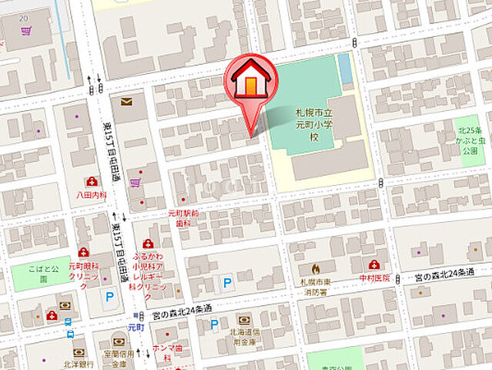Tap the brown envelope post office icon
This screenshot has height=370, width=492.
point(126,101)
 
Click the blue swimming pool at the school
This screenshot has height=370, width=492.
point(344,69)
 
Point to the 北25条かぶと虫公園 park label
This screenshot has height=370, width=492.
point(470,136)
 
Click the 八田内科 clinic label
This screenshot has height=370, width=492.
point(91,196)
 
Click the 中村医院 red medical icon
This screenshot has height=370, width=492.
point(373,264)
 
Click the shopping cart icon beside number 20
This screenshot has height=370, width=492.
point(27,32)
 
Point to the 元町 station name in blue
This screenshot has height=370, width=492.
point(136,326)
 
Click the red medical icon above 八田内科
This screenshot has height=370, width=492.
point(92,182)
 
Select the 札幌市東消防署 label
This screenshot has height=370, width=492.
point(314,286)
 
